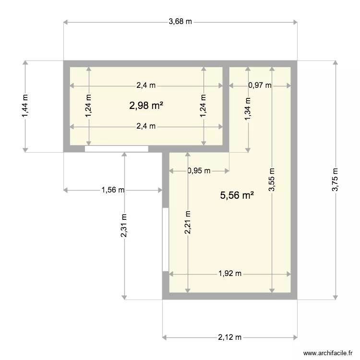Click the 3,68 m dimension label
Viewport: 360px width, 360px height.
coord(180,22)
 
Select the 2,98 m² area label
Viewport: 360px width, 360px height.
coord(146,106)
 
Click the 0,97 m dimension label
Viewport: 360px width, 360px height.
coord(260,86)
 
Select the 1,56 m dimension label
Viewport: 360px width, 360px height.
coord(113,190)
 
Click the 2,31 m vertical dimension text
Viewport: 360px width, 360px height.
coord(124,226)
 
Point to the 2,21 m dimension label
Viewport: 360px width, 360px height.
coord(187,223)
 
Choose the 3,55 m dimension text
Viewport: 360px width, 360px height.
coord(272,180)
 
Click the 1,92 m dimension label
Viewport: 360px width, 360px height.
coord(230,274)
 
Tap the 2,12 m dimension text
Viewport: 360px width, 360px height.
coord(230,337)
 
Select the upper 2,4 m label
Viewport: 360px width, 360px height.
coord(146,86)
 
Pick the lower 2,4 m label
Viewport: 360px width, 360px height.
coord(146,127)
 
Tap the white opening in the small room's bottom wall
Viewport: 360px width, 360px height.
coord(116,149)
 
